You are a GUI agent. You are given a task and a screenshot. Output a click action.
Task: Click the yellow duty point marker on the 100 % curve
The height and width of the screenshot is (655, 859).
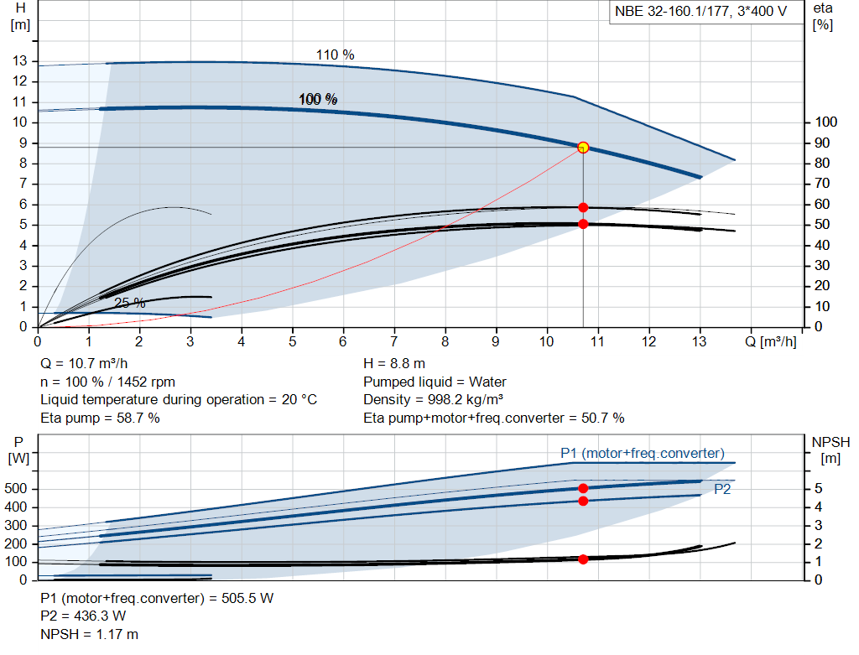coord(583,148)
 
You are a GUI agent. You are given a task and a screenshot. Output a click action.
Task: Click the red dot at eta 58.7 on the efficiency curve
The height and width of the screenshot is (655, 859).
coord(583,207)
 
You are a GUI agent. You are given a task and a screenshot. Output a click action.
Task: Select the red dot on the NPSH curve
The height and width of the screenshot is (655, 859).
coord(583,559)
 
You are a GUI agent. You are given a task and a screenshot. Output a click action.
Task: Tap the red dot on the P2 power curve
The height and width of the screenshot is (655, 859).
coord(583,501)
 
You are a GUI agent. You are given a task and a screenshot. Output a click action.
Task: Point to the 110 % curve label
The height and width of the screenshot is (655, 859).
coord(335,55)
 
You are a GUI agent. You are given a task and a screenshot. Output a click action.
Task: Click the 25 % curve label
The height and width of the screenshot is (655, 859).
coord(129,303)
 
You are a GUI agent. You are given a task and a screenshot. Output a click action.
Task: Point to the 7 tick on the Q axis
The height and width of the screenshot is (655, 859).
coord(394,342)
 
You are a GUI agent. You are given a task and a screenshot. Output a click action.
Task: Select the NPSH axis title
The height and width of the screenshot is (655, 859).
coord(830,442)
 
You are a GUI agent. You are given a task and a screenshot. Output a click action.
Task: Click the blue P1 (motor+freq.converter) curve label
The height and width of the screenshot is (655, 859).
coord(642,454)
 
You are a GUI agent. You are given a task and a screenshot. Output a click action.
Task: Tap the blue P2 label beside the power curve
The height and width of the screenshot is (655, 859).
coord(722,490)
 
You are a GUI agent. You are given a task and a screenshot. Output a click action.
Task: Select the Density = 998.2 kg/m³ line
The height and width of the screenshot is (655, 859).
coord(434,400)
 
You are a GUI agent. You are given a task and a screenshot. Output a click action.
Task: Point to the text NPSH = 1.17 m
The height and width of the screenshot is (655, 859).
coord(90,635)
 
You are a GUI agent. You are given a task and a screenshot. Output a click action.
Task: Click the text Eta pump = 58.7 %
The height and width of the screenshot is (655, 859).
coord(100,418)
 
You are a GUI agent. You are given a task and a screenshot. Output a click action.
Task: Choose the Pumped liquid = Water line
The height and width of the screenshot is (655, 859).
coord(435,382)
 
